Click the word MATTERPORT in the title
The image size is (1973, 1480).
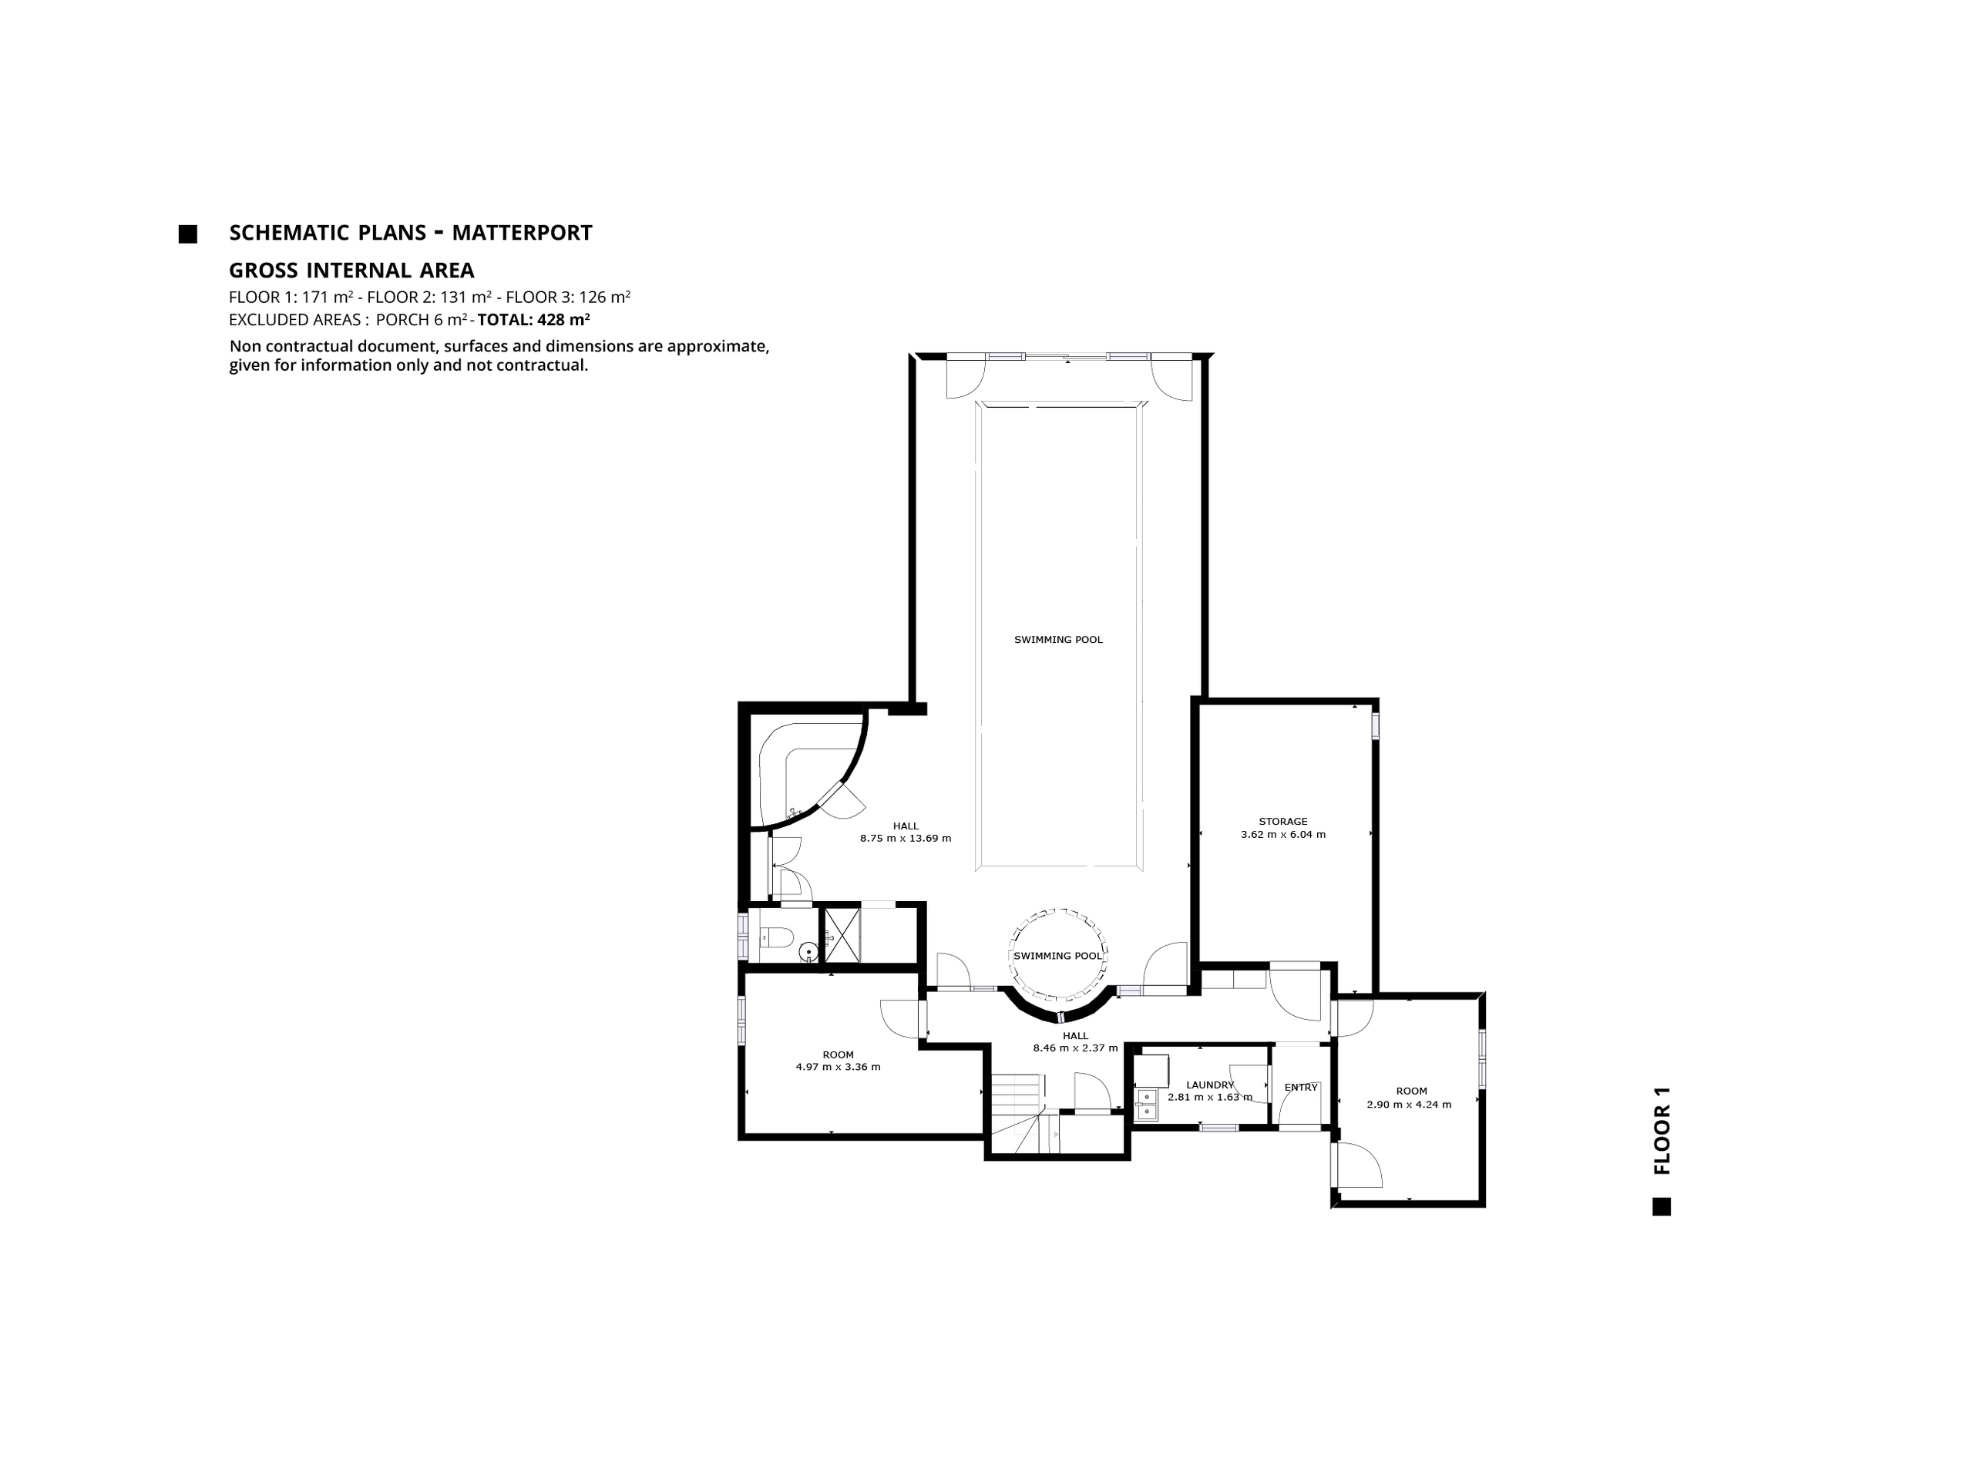tap(522, 233)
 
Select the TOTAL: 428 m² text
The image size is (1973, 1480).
tap(533, 319)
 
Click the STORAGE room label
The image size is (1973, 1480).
tap(1282, 822)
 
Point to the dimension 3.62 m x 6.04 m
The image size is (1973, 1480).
tap(1282, 835)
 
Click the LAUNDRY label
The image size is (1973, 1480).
tap(1209, 1085)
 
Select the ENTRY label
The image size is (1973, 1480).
tap(1300, 1088)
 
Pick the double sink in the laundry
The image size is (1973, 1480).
tap(1145, 1104)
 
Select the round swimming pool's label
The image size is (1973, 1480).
tap(1058, 955)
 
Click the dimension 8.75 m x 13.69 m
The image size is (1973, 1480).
tap(906, 839)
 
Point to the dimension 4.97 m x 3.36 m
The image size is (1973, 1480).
tap(838, 1067)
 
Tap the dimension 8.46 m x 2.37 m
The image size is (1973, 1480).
tap(1075, 1048)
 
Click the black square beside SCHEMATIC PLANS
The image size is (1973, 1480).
tap(187, 234)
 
